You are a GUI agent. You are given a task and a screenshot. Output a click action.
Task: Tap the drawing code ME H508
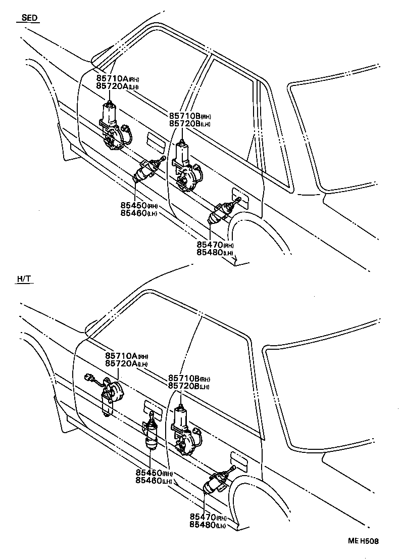(362, 541)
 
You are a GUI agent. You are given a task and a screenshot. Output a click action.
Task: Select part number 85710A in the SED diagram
(112, 79)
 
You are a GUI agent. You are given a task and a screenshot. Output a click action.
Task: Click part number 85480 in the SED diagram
(210, 252)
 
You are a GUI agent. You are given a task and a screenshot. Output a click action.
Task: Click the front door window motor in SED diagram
(113, 126)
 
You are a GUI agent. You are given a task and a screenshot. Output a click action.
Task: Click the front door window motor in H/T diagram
(109, 394)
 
